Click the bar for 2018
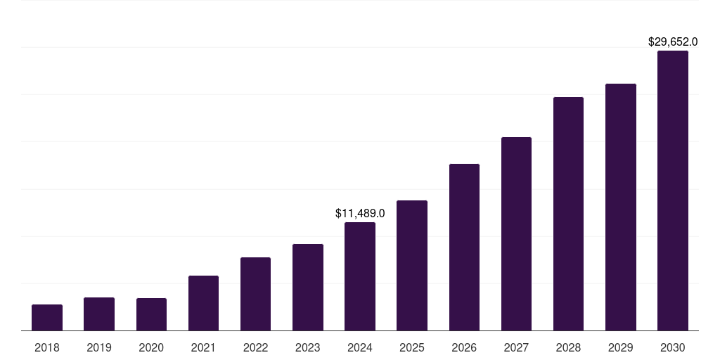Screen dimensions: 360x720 [x=47, y=317]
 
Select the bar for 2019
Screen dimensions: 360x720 [x=99, y=314]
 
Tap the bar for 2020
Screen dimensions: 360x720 [x=151, y=314]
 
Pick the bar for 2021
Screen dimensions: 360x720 [x=203, y=303]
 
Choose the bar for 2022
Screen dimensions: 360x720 [x=255, y=294]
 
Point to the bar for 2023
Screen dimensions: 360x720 [x=308, y=287]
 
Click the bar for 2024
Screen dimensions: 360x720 [x=360, y=276]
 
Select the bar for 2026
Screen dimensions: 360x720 [x=464, y=247]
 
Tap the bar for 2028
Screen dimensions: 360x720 [x=568, y=214]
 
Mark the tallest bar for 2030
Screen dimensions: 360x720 [x=673, y=191]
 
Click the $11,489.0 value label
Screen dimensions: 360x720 [x=360, y=213]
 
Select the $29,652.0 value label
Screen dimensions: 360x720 [x=673, y=42]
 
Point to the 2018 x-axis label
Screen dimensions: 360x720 [x=47, y=347]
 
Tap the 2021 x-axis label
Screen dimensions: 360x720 [x=203, y=347]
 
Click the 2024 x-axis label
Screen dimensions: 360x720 [x=360, y=347]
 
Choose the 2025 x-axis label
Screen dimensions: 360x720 [x=412, y=347]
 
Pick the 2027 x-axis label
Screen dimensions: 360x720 [x=516, y=347]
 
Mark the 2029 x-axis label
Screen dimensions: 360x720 [x=620, y=347]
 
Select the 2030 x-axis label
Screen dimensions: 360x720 [x=673, y=347]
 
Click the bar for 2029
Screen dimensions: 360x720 [x=620, y=207]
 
